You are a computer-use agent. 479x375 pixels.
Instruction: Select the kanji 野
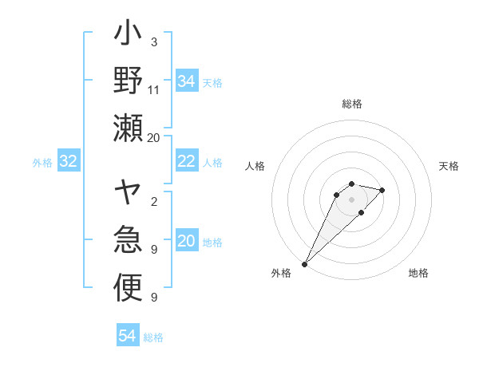(128, 81)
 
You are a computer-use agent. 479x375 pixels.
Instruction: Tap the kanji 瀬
(128, 128)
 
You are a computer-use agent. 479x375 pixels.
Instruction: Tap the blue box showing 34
(187, 81)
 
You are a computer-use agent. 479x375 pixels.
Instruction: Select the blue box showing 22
(187, 162)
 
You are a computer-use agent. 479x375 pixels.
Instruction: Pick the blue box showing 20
(187, 242)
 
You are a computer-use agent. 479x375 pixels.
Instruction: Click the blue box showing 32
(69, 162)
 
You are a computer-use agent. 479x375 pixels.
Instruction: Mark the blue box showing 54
(128, 336)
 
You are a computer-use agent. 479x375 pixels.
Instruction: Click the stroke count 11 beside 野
(154, 91)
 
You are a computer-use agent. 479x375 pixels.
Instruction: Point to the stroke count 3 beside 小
(153, 41)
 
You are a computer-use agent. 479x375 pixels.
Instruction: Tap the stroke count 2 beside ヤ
(153, 203)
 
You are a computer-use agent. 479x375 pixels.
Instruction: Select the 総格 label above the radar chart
(352, 104)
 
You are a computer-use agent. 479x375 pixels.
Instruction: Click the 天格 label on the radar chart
(449, 166)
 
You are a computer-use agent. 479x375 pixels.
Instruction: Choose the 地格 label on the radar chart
(418, 273)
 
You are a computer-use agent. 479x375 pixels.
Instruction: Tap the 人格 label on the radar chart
(255, 166)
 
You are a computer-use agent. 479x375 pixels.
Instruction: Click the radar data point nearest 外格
(304, 263)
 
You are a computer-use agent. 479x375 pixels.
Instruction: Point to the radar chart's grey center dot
(352, 199)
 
